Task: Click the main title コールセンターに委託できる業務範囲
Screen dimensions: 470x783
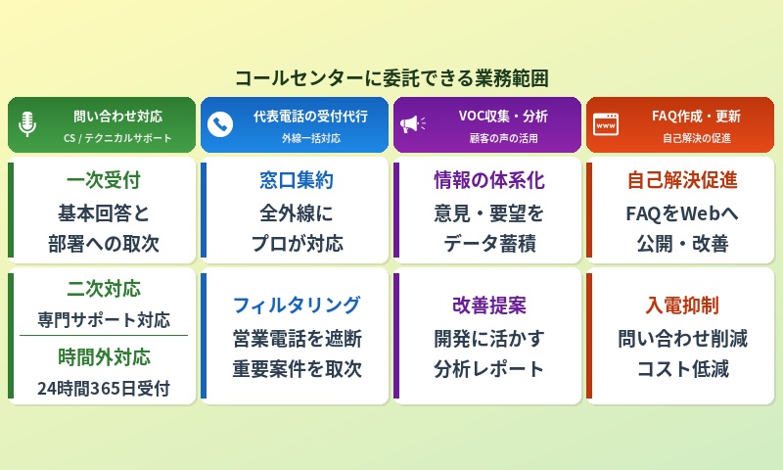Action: (391, 77)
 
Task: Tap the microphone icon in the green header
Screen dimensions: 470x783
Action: (27, 124)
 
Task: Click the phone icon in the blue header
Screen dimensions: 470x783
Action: (220, 124)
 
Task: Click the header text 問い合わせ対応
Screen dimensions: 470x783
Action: (117, 116)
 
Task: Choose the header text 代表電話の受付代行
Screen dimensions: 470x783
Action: (310, 116)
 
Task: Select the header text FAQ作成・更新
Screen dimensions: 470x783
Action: (696, 116)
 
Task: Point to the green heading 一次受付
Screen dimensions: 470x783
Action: (104, 181)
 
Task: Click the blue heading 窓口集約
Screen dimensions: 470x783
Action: (297, 181)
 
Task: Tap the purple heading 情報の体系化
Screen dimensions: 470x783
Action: (489, 181)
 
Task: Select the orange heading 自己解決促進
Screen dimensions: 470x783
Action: (682, 181)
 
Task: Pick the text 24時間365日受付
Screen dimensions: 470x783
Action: (104, 388)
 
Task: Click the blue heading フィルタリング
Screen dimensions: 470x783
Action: (297, 305)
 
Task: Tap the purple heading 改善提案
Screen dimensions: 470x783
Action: (489, 305)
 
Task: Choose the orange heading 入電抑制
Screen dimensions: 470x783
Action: (682, 305)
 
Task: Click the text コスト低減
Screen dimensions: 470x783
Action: (682, 369)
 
